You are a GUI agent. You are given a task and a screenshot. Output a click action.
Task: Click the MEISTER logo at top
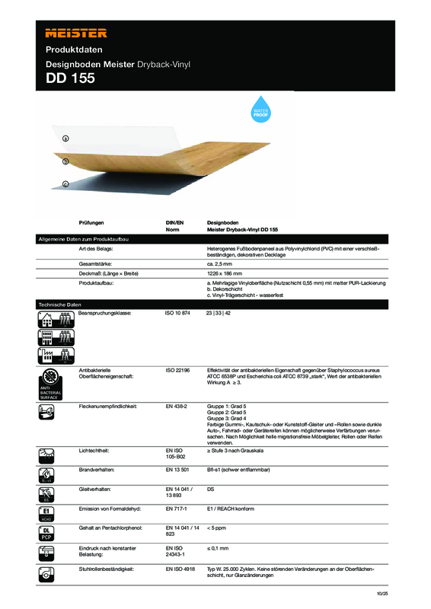coord(75,33)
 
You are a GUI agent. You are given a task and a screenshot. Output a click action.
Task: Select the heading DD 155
coord(70,77)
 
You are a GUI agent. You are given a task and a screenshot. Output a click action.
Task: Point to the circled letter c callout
coord(65,183)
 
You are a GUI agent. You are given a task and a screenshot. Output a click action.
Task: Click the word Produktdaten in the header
coord(72,49)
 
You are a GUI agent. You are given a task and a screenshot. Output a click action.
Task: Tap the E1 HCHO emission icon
coord(47,512)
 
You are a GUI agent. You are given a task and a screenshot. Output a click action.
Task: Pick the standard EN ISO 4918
coord(181,569)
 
